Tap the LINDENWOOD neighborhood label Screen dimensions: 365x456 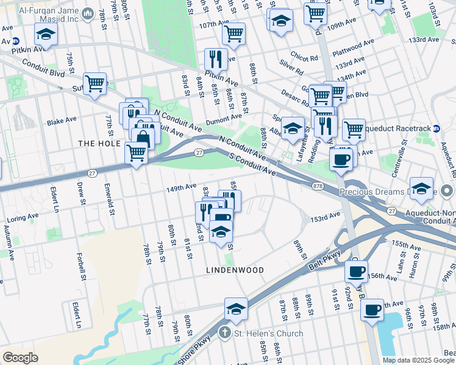(235, 269)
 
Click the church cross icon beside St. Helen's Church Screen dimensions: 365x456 (224, 333)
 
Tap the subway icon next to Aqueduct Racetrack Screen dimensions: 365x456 (436, 129)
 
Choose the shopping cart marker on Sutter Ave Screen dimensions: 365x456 (94, 83)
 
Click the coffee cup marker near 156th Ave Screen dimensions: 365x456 (357, 271)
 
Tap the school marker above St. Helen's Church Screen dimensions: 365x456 (236, 308)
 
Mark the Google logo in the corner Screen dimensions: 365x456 (20, 357)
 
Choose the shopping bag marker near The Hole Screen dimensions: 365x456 (143, 137)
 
